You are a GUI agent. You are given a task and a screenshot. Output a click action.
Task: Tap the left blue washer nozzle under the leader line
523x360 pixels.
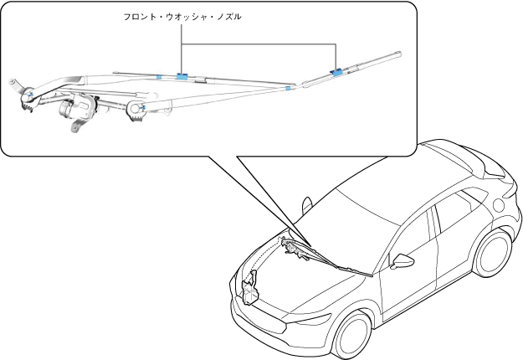click(182, 76)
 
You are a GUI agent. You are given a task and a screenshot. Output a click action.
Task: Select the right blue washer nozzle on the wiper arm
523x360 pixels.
click(337, 72)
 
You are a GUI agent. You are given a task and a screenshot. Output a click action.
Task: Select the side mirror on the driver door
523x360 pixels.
click(403, 260)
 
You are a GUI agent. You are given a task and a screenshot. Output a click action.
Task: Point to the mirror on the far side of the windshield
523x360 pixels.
click(306, 204)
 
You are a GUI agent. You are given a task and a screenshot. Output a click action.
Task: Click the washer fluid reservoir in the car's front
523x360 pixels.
click(249, 288)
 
